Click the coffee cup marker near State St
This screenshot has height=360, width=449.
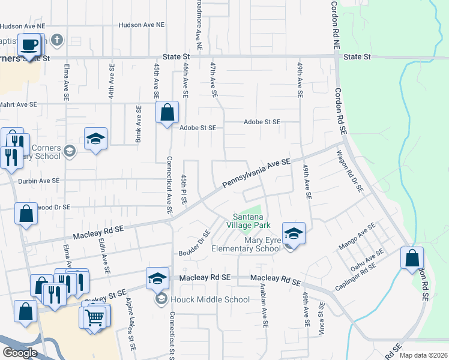click(x=29, y=44)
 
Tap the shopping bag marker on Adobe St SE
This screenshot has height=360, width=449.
click(x=167, y=112)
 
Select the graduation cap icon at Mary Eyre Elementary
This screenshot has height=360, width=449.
click(x=294, y=232)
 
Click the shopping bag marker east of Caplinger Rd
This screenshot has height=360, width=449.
click(x=412, y=258)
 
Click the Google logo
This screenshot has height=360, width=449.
click(x=20, y=353)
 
